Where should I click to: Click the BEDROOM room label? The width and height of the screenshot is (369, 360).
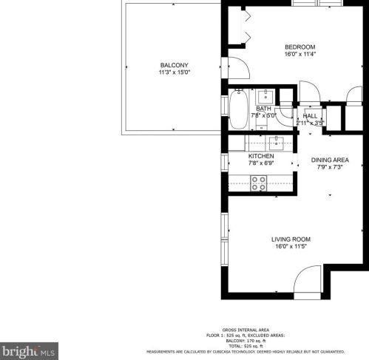(300, 46)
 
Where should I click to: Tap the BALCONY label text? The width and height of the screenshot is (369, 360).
(174, 65)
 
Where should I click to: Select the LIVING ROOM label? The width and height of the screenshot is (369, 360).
(291, 240)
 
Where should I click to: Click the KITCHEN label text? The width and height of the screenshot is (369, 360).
(261, 157)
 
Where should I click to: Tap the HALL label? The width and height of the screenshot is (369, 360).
(310, 116)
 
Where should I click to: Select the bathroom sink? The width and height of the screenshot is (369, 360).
(265, 96)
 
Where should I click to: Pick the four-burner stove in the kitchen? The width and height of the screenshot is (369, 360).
(259, 183)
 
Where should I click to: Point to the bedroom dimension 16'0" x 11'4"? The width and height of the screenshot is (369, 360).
(300, 54)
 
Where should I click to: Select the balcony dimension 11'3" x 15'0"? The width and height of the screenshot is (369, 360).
(174, 72)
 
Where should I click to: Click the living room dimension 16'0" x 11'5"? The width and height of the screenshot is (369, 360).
(291, 248)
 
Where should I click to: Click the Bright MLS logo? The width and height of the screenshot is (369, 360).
(29, 350)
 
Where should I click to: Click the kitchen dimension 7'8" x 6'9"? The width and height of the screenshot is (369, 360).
(261, 164)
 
